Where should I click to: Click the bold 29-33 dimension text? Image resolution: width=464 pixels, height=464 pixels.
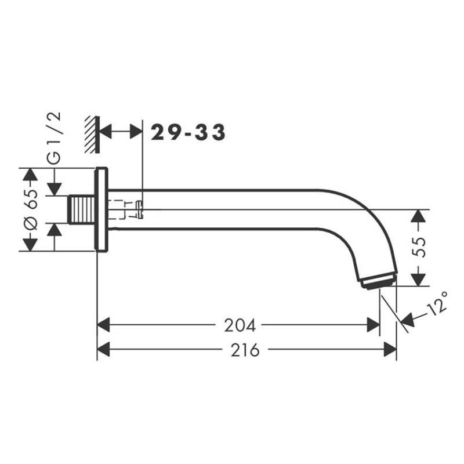[x=188, y=132]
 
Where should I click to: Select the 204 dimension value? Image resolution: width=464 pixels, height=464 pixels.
[x=240, y=325]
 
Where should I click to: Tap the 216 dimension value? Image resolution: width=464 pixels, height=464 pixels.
[x=245, y=350]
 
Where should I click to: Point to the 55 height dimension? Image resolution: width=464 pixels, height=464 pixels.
[x=419, y=247]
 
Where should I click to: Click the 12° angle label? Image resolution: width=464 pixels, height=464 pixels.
[x=437, y=303]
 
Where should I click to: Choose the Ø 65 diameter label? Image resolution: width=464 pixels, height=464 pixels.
[x=31, y=209]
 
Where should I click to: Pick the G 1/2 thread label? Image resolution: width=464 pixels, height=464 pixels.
[x=54, y=138]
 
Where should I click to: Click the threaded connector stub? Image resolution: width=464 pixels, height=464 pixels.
[x=82, y=209]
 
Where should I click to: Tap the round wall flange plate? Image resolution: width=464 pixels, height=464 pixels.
[x=101, y=209]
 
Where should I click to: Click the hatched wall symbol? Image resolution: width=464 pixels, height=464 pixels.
[x=92, y=135]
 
